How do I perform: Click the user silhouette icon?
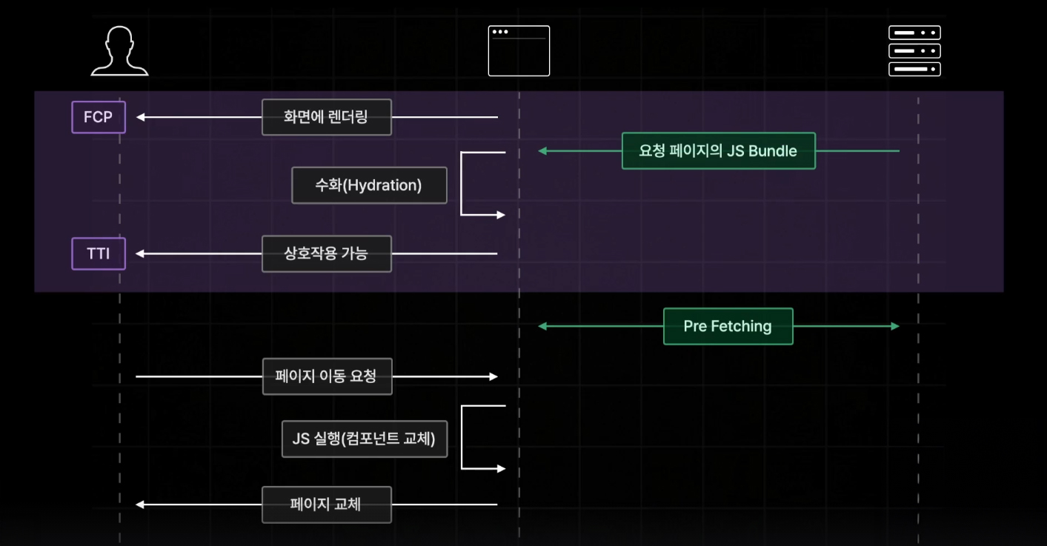point(119,51)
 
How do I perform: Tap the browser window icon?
point(519,51)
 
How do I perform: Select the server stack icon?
point(914,51)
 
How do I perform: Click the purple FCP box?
point(99,117)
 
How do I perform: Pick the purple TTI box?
point(99,253)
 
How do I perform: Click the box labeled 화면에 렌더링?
point(326,117)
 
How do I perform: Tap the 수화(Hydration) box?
point(369,185)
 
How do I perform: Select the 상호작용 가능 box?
point(326,254)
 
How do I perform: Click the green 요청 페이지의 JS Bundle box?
point(718,151)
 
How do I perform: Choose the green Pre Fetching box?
point(728,326)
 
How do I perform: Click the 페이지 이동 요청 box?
point(327,376)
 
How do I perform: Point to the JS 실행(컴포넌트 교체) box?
point(364,439)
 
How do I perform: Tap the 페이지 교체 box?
point(326,505)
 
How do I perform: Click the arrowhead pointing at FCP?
point(140,117)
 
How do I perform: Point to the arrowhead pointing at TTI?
point(140,253)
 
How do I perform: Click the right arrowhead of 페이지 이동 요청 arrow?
point(493,376)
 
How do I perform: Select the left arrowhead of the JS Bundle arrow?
point(542,151)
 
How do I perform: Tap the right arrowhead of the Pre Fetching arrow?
point(895,326)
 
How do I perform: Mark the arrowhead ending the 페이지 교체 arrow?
point(140,505)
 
